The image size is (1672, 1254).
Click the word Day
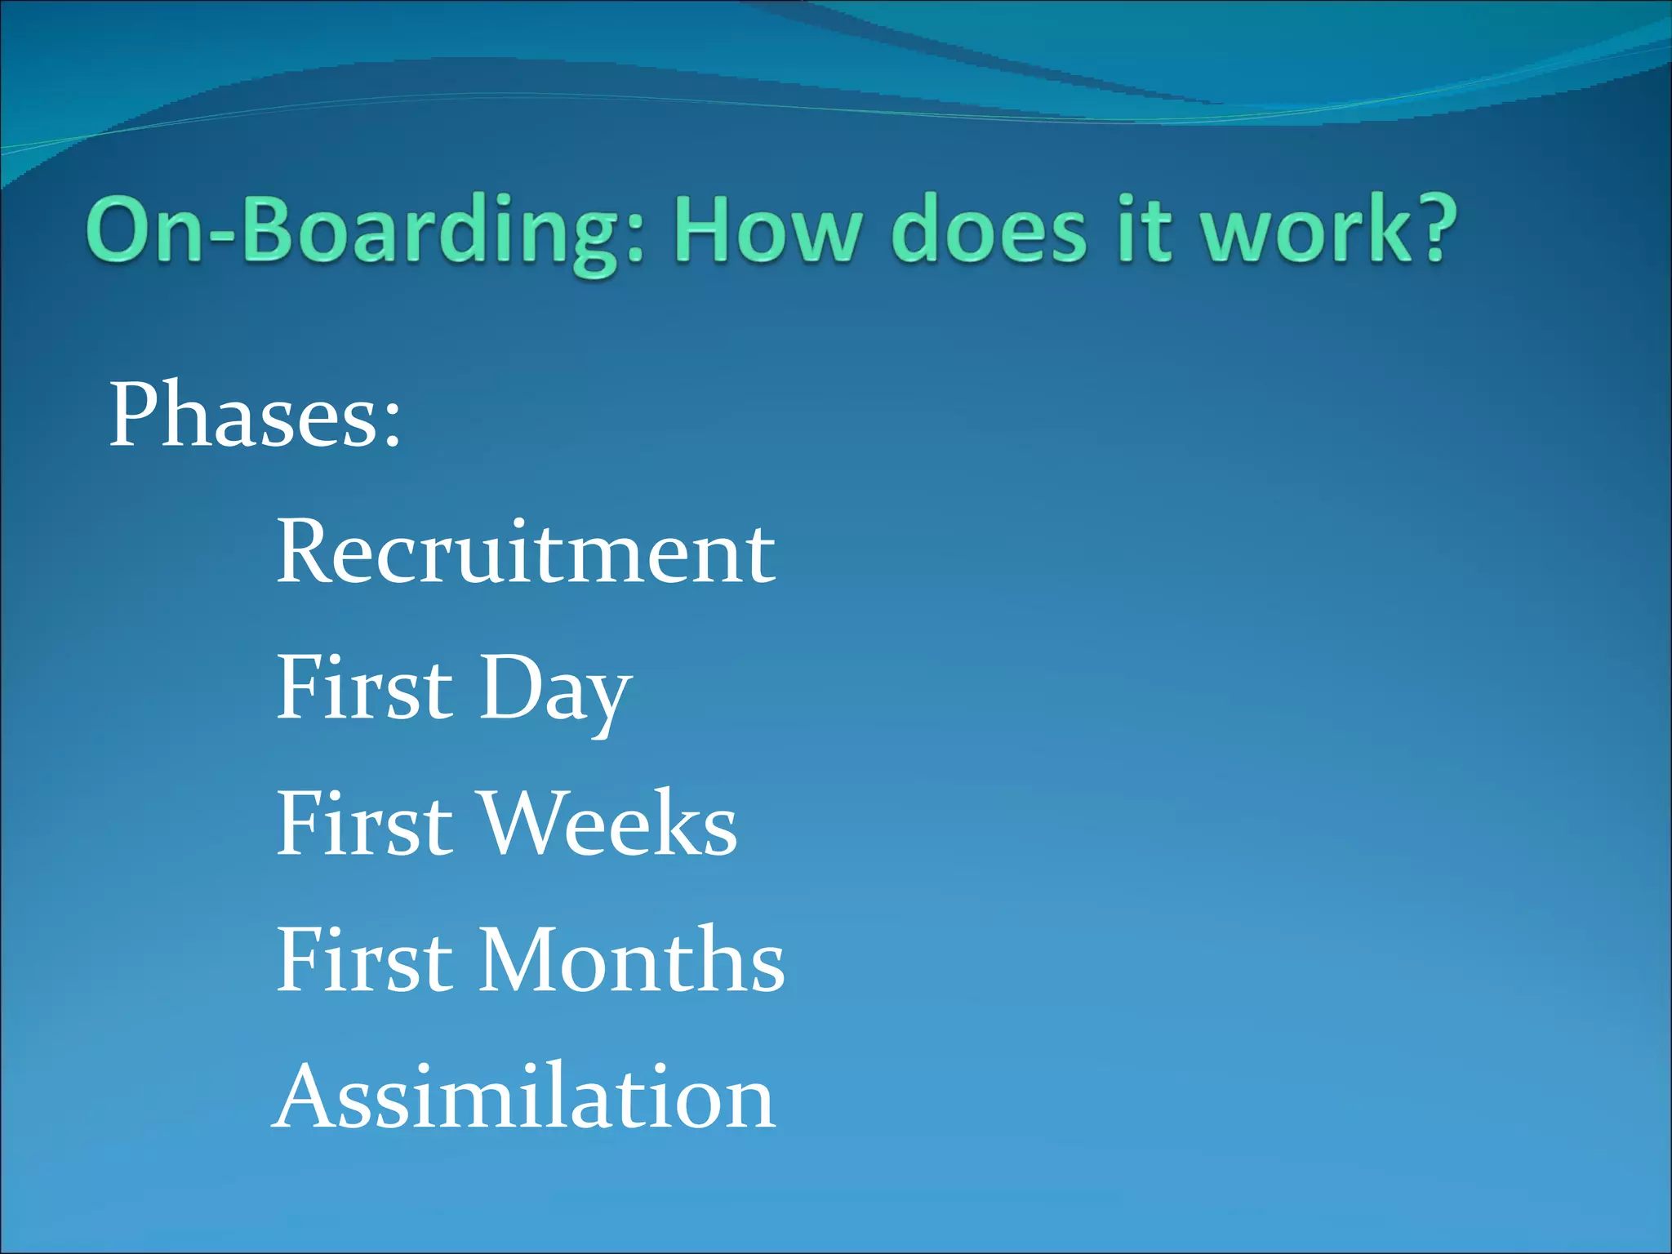click(x=555, y=690)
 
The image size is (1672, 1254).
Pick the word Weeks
click(x=608, y=824)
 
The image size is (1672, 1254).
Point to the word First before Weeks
click(x=364, y=824)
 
